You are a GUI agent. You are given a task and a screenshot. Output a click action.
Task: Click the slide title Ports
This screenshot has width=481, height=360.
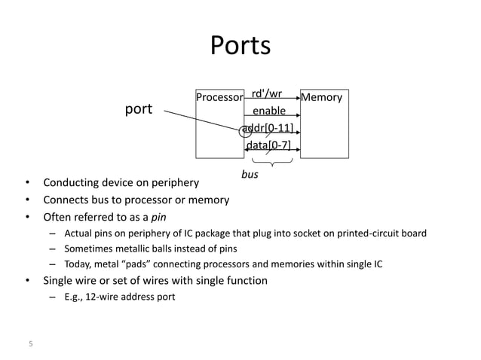pyautogui.click(x=240, y=45)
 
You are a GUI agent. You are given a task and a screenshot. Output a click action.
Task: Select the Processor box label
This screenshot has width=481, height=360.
pyautogui.click(x=219, y=98)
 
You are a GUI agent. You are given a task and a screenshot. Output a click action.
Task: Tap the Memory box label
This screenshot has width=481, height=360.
pyautogui.click(x=322, y=97)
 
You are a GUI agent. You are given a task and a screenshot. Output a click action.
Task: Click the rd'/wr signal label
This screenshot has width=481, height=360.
pyautogui.click(x=267, y=94)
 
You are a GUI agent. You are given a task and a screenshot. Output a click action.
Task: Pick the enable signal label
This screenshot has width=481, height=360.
pyautogui.click(x=269, y=111)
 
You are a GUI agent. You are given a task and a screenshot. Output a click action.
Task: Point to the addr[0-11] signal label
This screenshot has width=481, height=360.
pyautogui.click(x=268, y=127)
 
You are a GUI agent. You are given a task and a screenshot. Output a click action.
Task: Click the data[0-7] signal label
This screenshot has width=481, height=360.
pyautogui.click(x=269, y=145)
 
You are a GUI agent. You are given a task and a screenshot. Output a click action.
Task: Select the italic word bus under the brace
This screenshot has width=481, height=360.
pyautogui.click(x=250, y=174)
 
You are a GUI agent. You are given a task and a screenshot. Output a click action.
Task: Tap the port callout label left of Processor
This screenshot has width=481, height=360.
pyautogui.click(x=138, y=109)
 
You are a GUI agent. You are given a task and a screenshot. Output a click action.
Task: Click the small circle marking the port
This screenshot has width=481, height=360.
pyautogui.click(x=245, y=131)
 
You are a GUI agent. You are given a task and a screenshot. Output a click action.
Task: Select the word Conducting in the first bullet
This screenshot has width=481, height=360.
pyautogui.click(x=72, y=182)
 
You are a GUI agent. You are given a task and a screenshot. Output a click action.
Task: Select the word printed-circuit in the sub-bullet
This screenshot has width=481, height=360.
pyautogui.click(x=370, y=233)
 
